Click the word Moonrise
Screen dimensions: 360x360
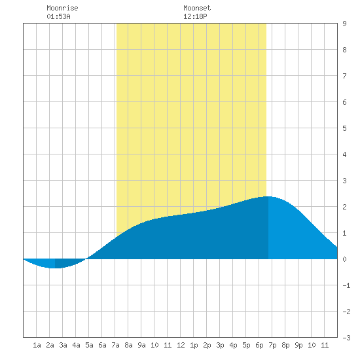coord(62,8)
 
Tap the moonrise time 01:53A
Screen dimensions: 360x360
coord(58,16)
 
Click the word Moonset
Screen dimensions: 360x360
coord(197,8)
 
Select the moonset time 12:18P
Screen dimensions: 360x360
coord(195,16)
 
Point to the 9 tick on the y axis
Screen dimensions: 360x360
coord(344,24)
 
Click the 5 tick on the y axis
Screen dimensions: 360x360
coord(344,128)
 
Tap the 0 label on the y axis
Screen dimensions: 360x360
coord(344,259)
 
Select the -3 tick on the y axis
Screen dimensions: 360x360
coord(346,338)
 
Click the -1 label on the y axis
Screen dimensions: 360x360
coord(346,285)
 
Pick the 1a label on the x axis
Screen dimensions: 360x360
coord(37,345)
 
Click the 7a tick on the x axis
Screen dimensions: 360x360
coord(115,345)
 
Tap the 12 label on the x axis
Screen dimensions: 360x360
coord(181,345)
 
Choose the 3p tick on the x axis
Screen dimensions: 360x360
coord(220,345)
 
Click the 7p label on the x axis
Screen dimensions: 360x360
coord(272,345)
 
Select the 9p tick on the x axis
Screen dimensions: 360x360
coord(298,345)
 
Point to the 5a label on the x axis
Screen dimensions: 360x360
coord(89,345)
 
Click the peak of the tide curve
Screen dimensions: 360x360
coord(268,196)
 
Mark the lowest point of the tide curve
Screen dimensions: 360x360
coord(55,268)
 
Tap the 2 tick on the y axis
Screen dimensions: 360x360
coord(344,207)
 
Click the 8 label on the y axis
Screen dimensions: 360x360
coord(344,50)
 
